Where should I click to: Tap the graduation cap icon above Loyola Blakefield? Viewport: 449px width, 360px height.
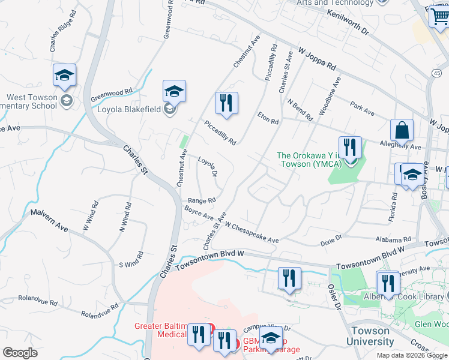174,91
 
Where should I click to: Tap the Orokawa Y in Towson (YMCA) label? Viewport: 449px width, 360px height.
309,160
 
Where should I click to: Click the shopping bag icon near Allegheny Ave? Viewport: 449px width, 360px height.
401,130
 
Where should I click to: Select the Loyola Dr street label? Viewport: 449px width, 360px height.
207,168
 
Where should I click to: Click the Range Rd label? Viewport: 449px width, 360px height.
201,201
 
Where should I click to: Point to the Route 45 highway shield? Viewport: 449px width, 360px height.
436,73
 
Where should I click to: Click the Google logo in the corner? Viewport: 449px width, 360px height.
20,352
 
